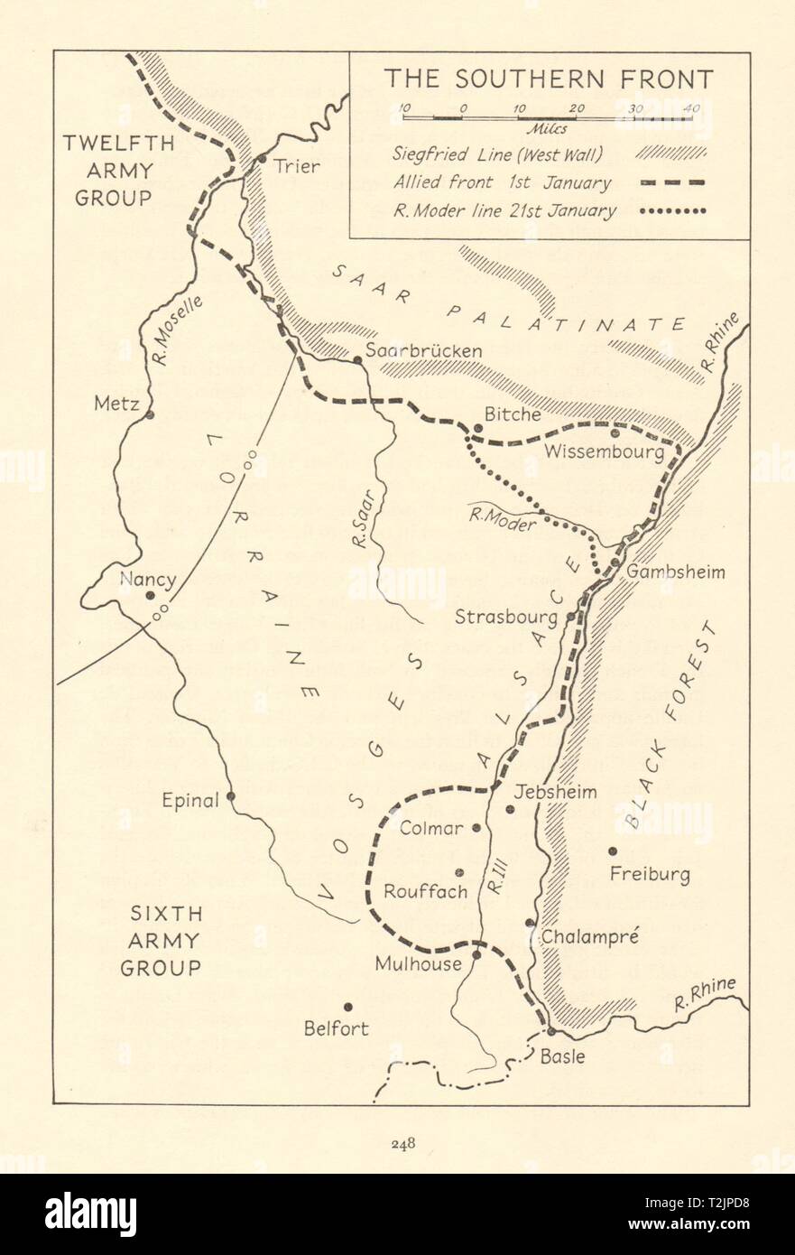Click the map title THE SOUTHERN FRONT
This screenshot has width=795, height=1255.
pos(549,79)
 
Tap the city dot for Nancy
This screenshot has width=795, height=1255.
pos(150,595)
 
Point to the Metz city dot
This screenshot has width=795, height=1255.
pos(150,414)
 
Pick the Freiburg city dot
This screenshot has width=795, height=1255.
pos(613,850)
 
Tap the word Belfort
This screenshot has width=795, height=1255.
pos(336,1028)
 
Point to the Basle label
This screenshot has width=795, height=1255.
pos(561,1055)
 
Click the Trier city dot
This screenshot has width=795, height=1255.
pos(262,159)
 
